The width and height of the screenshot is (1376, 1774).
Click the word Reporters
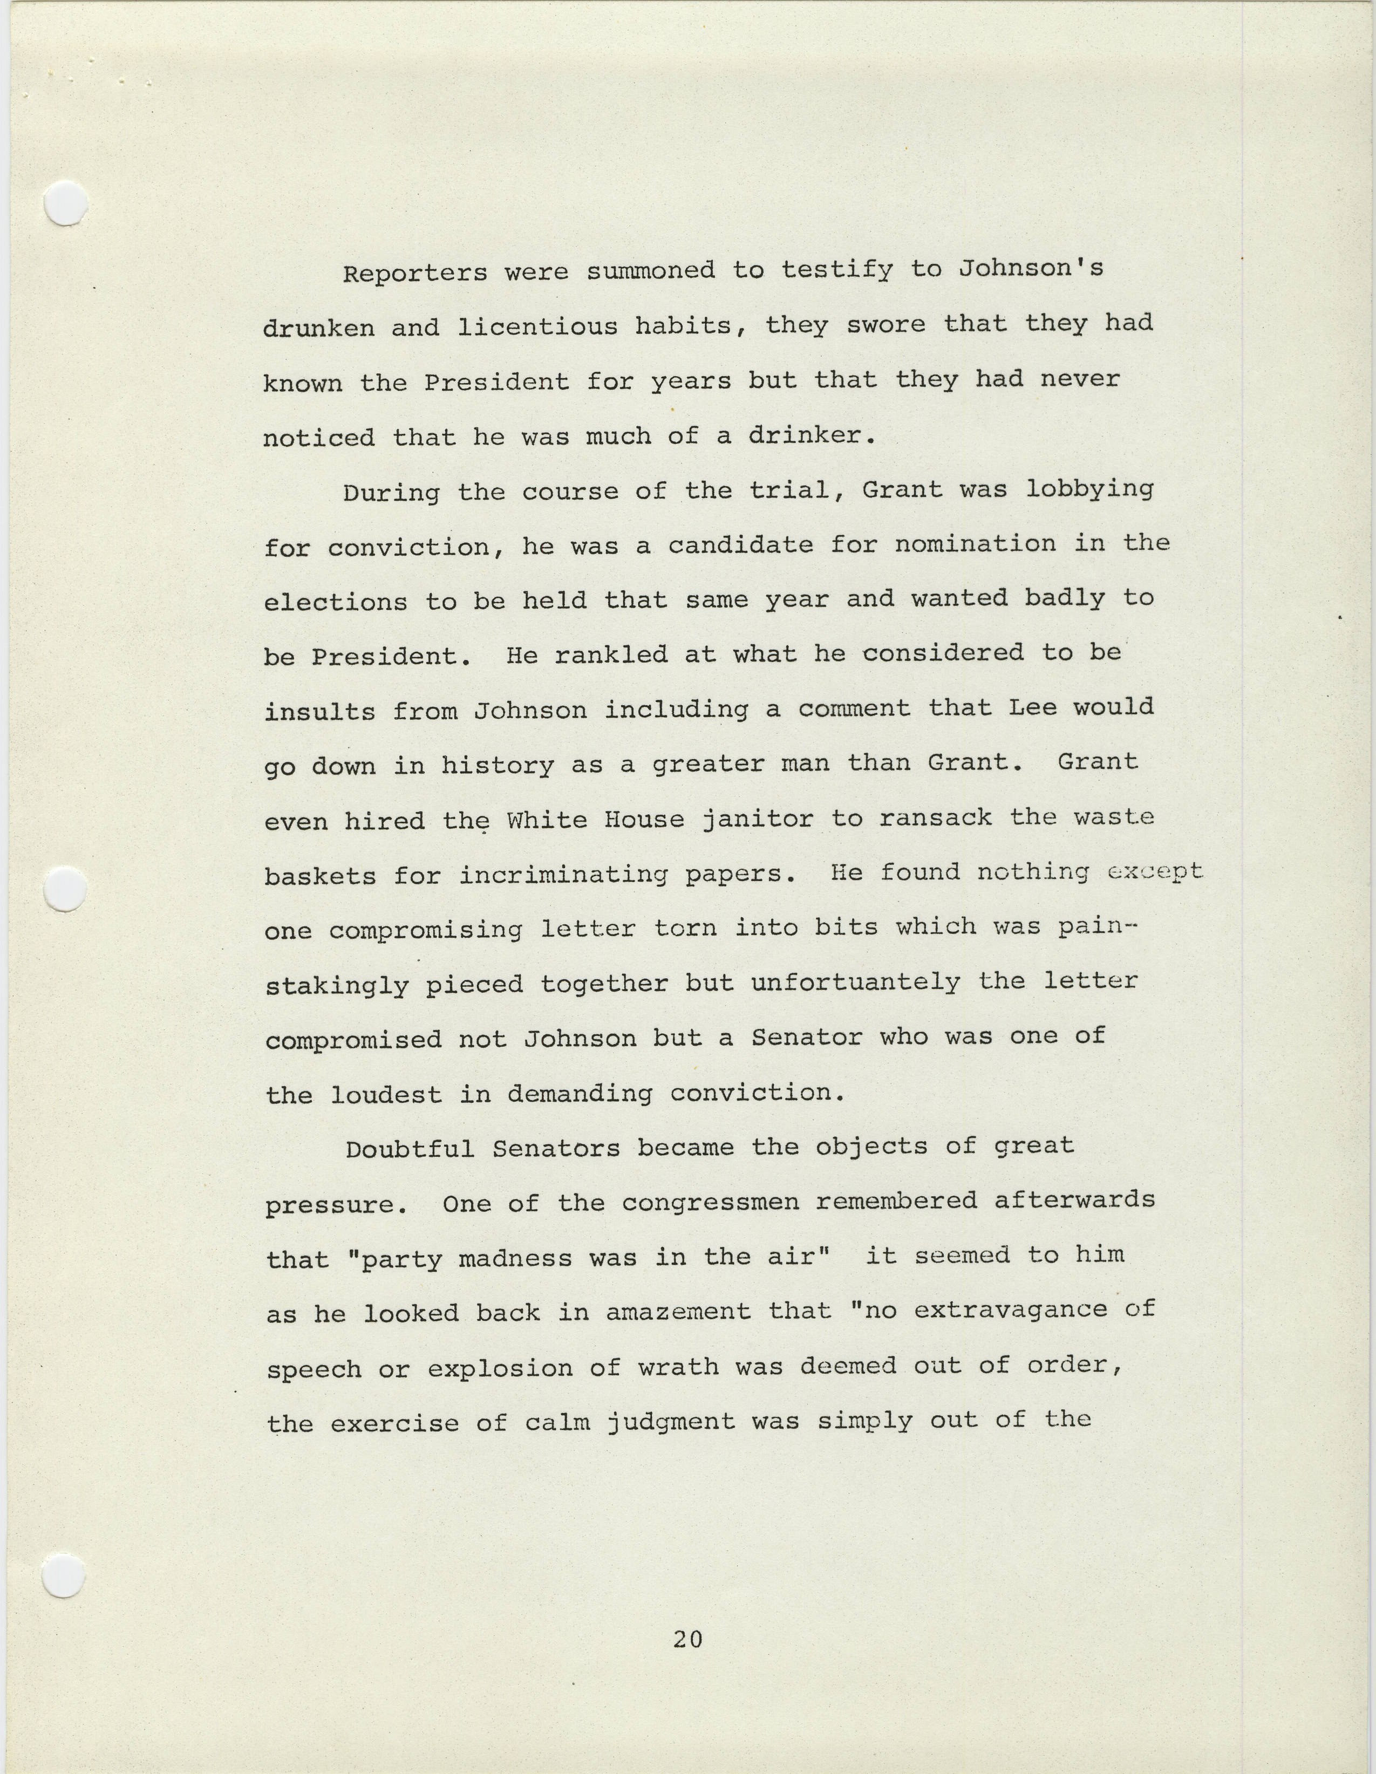click(x=414, y=273)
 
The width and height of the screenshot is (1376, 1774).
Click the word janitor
click(x=757, y=819)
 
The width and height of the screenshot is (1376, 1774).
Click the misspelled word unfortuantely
click(x=855, y=984)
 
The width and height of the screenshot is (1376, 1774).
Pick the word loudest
click(x=386, y=1095)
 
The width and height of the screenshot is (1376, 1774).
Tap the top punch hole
click(x=65, y=203)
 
